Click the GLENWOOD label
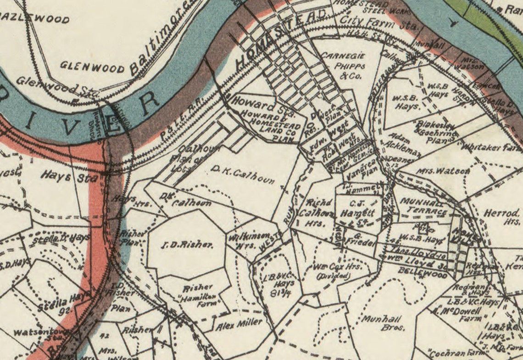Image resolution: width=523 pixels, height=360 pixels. [92, 68]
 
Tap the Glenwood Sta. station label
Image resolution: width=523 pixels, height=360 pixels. [57, 86]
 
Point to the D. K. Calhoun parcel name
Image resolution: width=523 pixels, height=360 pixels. [243, 174]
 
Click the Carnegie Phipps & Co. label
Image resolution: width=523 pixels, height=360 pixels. [349, 66]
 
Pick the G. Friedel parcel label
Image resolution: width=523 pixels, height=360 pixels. [360, 240]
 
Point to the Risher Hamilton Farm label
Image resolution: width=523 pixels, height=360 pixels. [200, 296]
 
